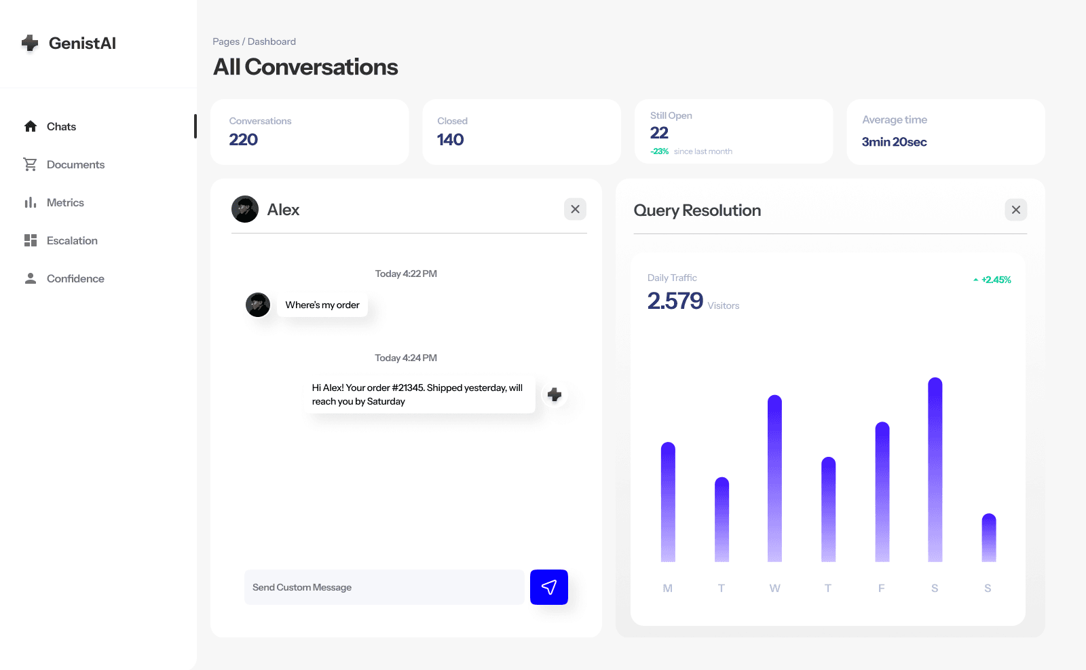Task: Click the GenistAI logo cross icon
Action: tap(30, 43)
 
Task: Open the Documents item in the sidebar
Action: tap(75, 165)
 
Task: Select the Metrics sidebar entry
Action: tap(65, 203)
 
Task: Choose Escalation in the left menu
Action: tap(72, 241)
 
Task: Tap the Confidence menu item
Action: tap(75, 279)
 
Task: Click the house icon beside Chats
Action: tap(31, 127)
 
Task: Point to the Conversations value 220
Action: tap(244, 140)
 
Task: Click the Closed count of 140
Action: tap(450, 140)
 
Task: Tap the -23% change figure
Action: tap(660, 151)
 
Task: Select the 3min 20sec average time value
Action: tap(894, 142)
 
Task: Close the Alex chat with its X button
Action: tap(575, 209)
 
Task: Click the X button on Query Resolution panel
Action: tap(1015, 210)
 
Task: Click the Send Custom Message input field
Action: tap(383, 587)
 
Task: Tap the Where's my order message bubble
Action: tap(322, 305)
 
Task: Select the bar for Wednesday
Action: tap(774, 479)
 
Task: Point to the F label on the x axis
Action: tap(881, 589)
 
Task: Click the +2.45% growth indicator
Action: tap(993, 280)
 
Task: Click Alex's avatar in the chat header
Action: tap(245, 209)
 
